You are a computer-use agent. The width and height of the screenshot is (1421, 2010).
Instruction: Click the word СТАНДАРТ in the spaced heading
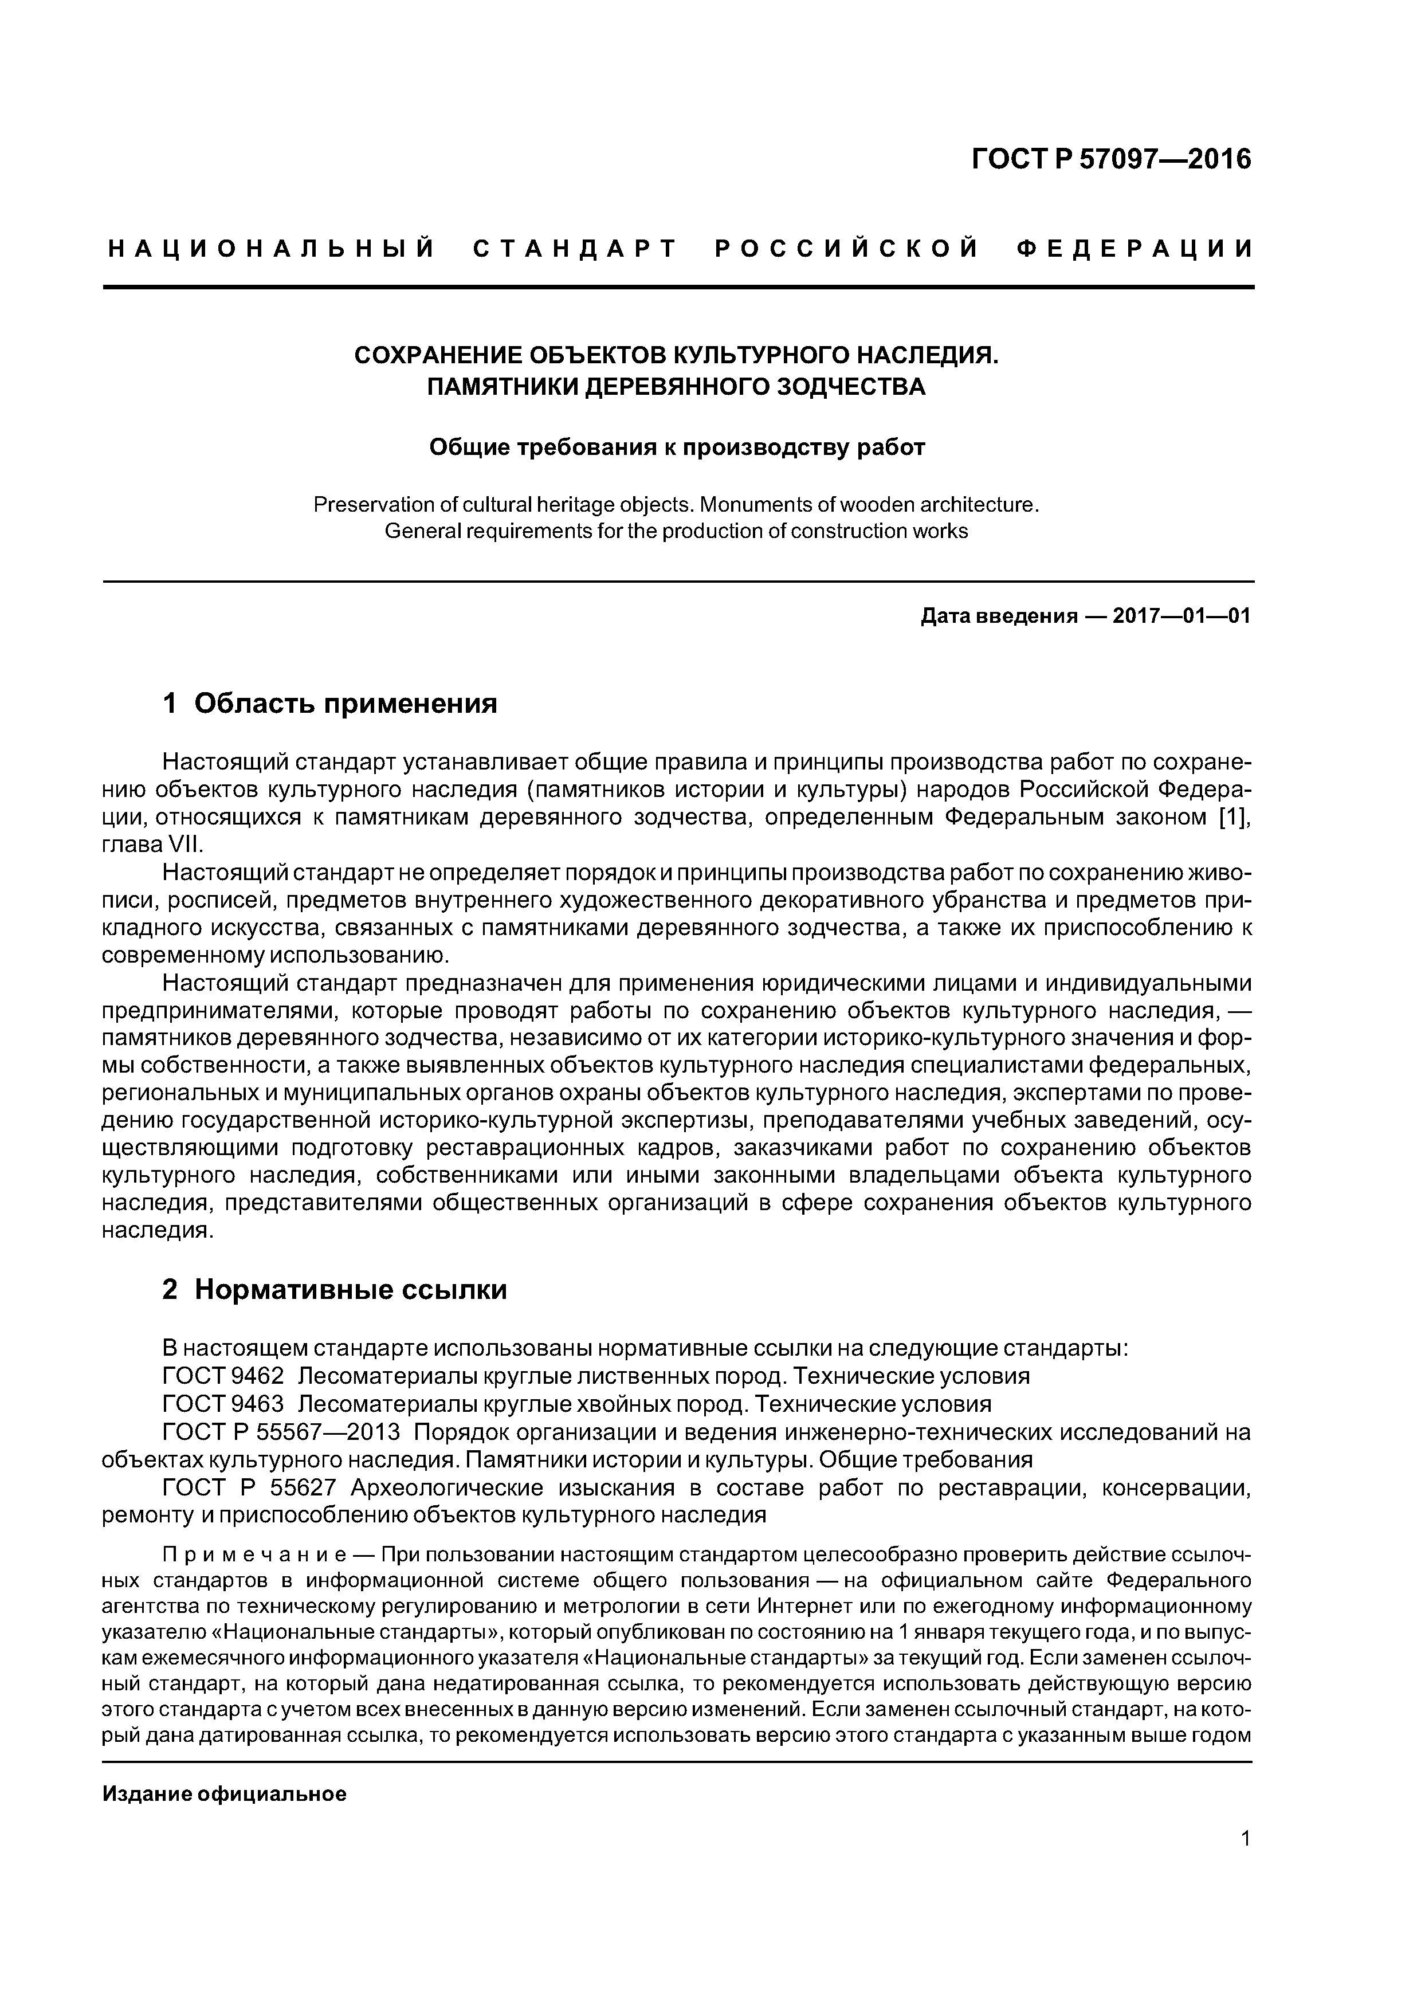tap(575, 249)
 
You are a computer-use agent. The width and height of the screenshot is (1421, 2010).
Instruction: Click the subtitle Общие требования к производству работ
tap(676, 447)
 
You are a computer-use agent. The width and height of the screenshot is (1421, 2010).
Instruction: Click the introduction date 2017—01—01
tap(1181, 617)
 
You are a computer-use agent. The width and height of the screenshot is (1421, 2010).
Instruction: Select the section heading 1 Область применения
tap(330, 703)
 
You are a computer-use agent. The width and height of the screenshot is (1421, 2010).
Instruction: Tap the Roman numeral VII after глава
tap(187, 845)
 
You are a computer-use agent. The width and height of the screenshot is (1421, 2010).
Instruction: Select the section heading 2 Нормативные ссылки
tap(335, 1290)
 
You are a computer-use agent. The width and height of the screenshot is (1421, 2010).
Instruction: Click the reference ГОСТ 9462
tap(223, 1376)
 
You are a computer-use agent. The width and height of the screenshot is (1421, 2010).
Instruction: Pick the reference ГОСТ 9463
tap(223, 1404)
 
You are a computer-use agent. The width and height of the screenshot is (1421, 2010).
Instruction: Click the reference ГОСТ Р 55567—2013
tap(281, 1432)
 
